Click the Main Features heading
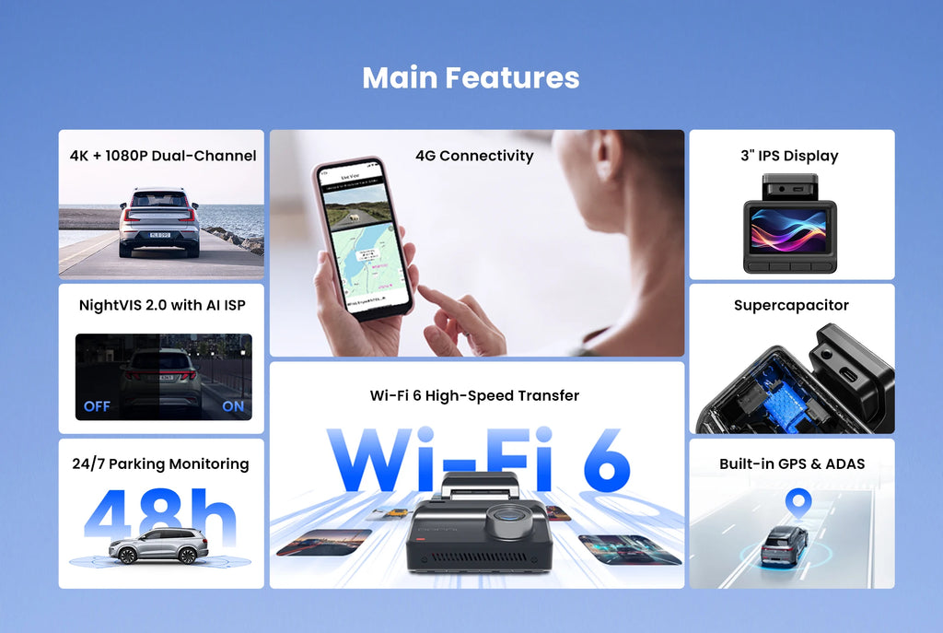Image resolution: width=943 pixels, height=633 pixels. (471, 77)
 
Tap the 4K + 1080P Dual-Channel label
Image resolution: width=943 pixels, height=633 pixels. (162, 156)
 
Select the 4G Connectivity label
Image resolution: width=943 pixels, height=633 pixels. (474, 156)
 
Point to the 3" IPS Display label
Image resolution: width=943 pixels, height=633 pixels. (789, 156)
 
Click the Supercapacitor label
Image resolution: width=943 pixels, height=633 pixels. (791, 305)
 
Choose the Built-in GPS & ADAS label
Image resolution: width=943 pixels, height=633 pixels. (792, 463)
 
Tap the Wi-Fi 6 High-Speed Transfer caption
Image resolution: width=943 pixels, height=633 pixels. (474, 395)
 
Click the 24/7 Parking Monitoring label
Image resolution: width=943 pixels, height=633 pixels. (160, 463)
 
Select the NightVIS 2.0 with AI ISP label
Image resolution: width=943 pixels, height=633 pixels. (162, 305)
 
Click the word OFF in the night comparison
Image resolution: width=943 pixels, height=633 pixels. (97, 406)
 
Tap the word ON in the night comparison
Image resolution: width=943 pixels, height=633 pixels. (234, 406)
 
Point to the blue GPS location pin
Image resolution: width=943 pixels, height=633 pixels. (797, 503)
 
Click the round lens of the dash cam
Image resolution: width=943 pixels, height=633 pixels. (506, 522)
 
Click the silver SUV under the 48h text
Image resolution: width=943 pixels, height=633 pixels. (158, 546)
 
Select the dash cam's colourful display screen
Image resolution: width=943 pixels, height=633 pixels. (789, 230)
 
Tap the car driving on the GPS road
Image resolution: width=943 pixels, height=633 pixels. (785, 546)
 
